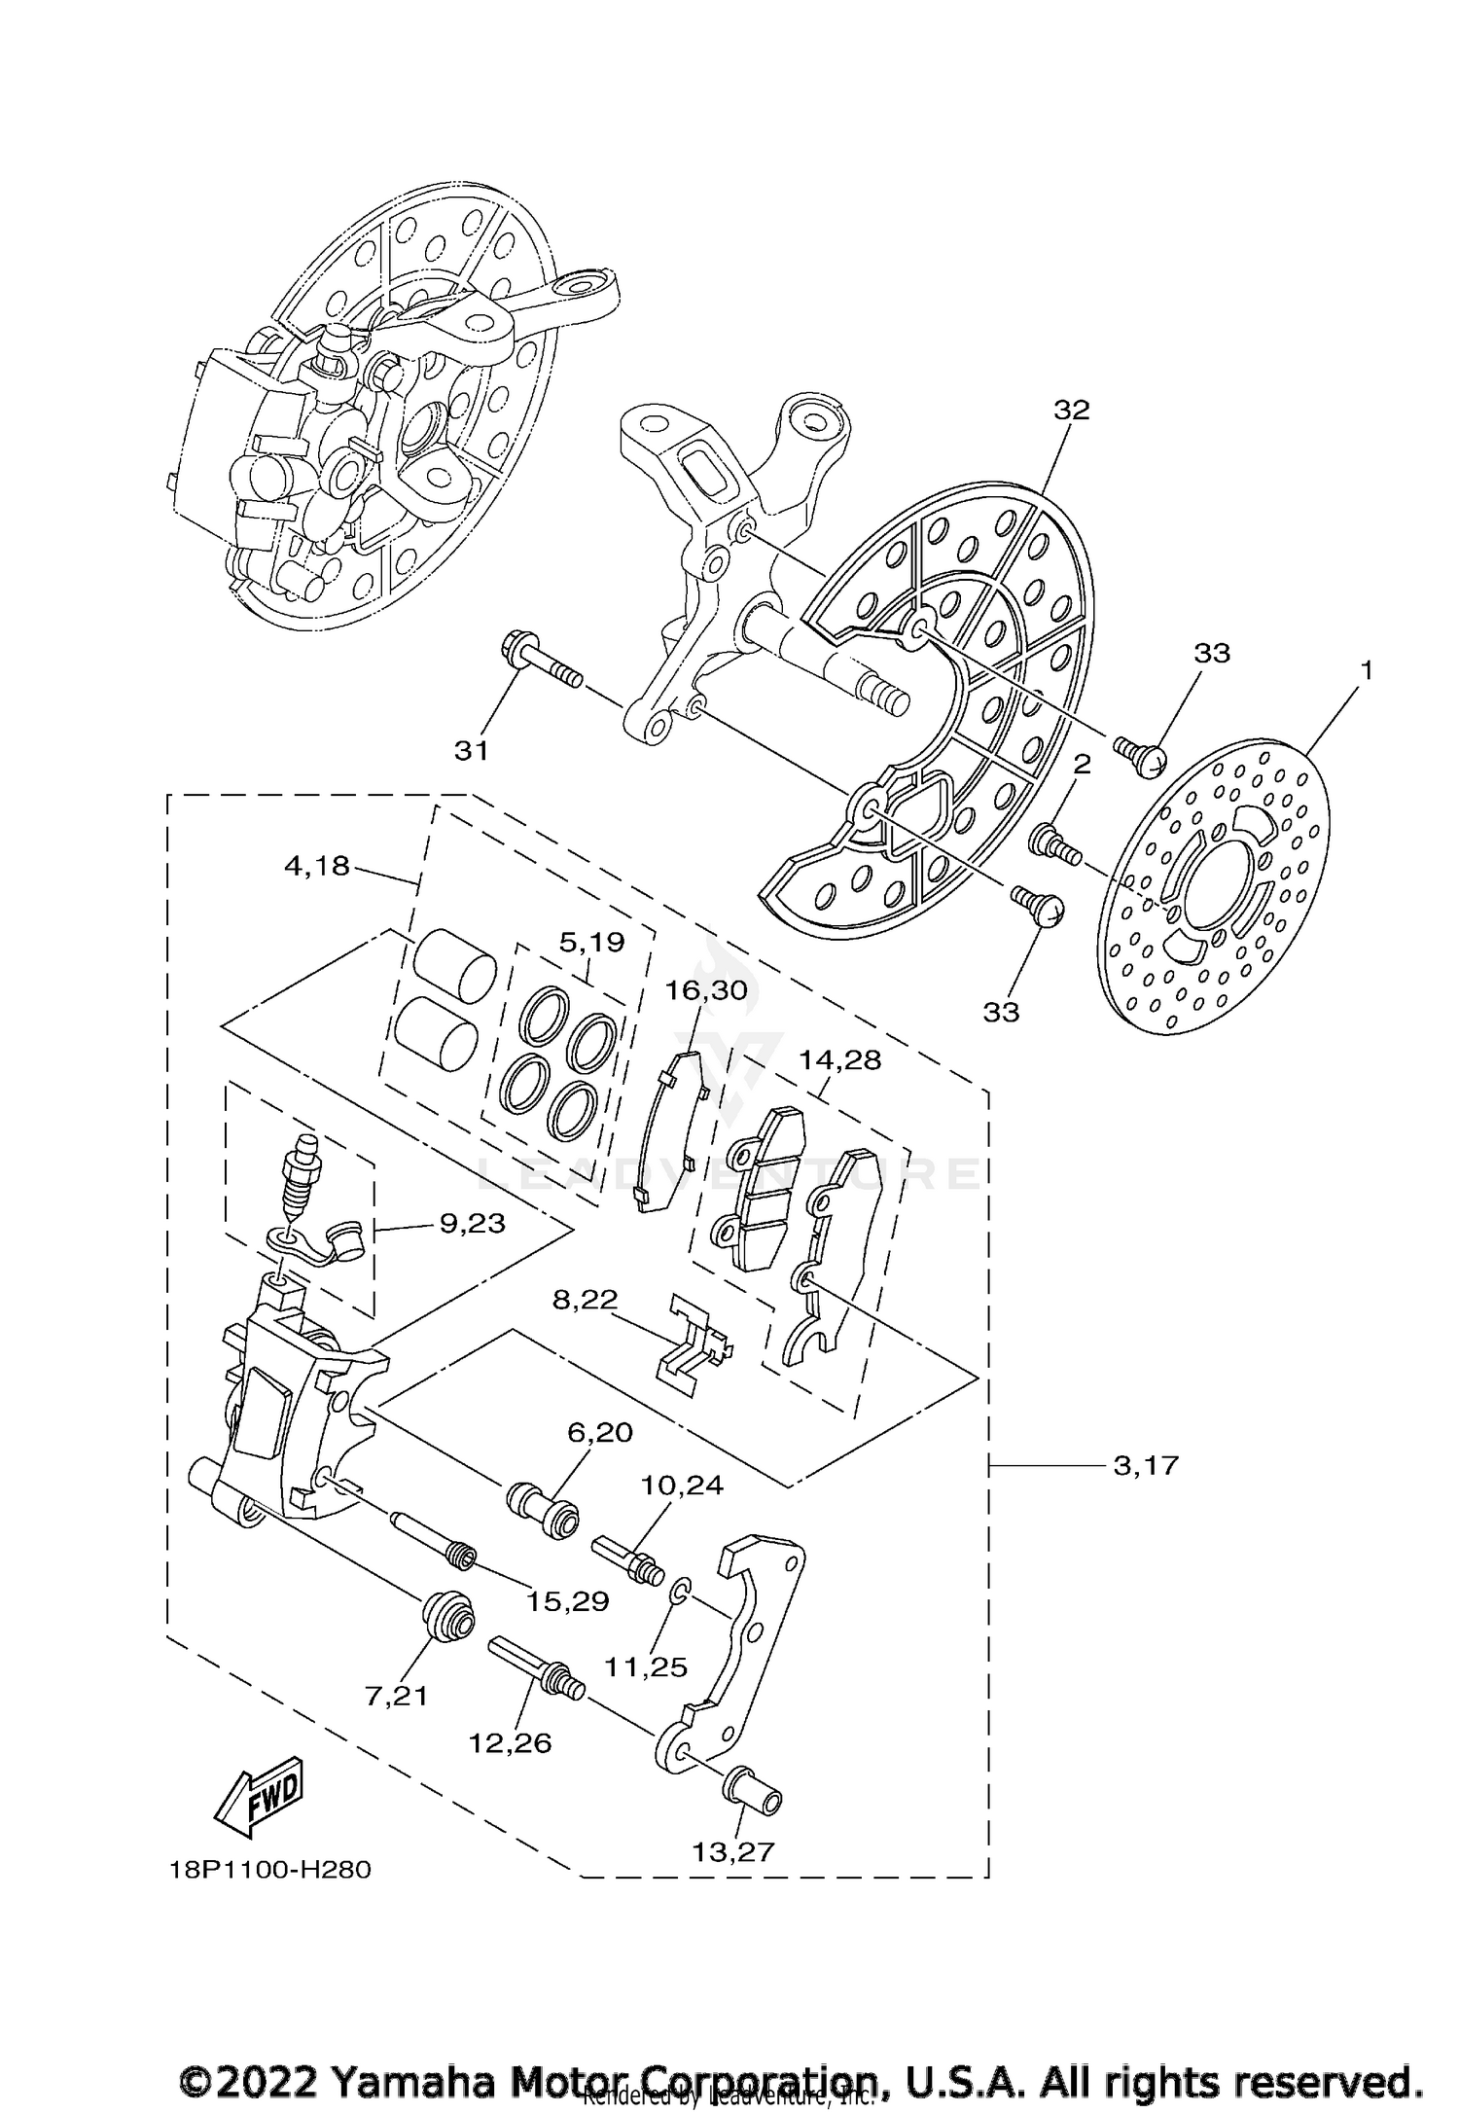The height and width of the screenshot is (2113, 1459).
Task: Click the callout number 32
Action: point(1072,411)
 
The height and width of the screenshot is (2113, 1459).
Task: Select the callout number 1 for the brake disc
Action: point(1366,670)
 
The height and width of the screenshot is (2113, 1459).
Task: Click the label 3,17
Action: point(1146,1492)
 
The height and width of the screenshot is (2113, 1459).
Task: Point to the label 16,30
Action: point(706,990)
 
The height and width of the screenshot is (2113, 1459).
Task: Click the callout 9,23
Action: point(473,1223)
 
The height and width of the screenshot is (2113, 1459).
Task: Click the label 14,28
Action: point(839,1059)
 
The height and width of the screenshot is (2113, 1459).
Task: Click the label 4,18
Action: point(316,865)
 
